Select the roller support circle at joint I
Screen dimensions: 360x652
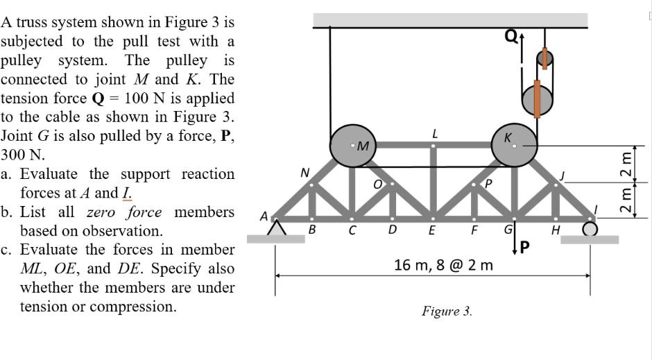pyautogui.click(x=590, y=229)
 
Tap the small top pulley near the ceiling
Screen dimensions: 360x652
pyautogui.click(x=545, y=60)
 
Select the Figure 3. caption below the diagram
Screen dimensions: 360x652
pyautogui.click(x=447, y=311)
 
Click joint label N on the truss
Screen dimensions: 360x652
pyautogui.click(x=303, y=172)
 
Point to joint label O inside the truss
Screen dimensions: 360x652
pyautogui.click(x=378, y=185)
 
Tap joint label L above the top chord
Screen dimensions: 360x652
pyautogui.click(x=434, y=132)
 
